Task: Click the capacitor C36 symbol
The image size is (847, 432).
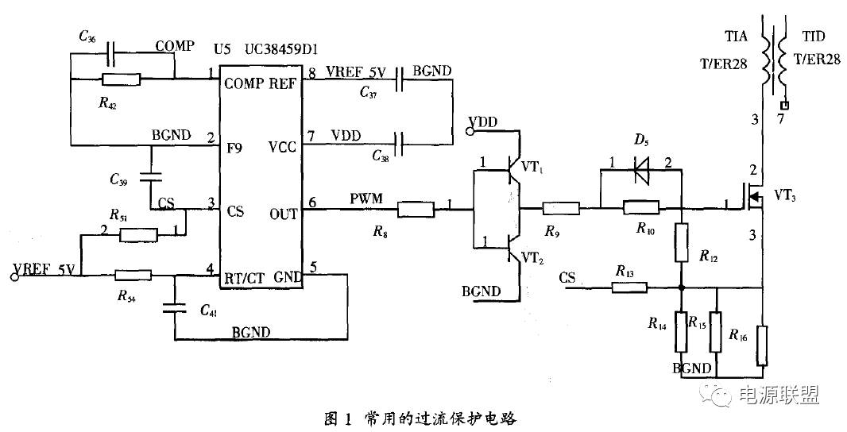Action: click(x=112, y=55)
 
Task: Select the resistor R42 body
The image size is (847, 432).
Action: click(x=122, y=79)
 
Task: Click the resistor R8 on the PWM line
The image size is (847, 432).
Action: click(x=416, y=210)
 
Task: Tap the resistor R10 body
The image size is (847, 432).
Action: click(x=641, y=209)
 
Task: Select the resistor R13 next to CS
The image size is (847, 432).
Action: click(x=630, y=287)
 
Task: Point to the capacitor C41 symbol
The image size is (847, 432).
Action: click(x=175, y=307)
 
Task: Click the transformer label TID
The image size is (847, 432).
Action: click(x=814, y=37)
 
